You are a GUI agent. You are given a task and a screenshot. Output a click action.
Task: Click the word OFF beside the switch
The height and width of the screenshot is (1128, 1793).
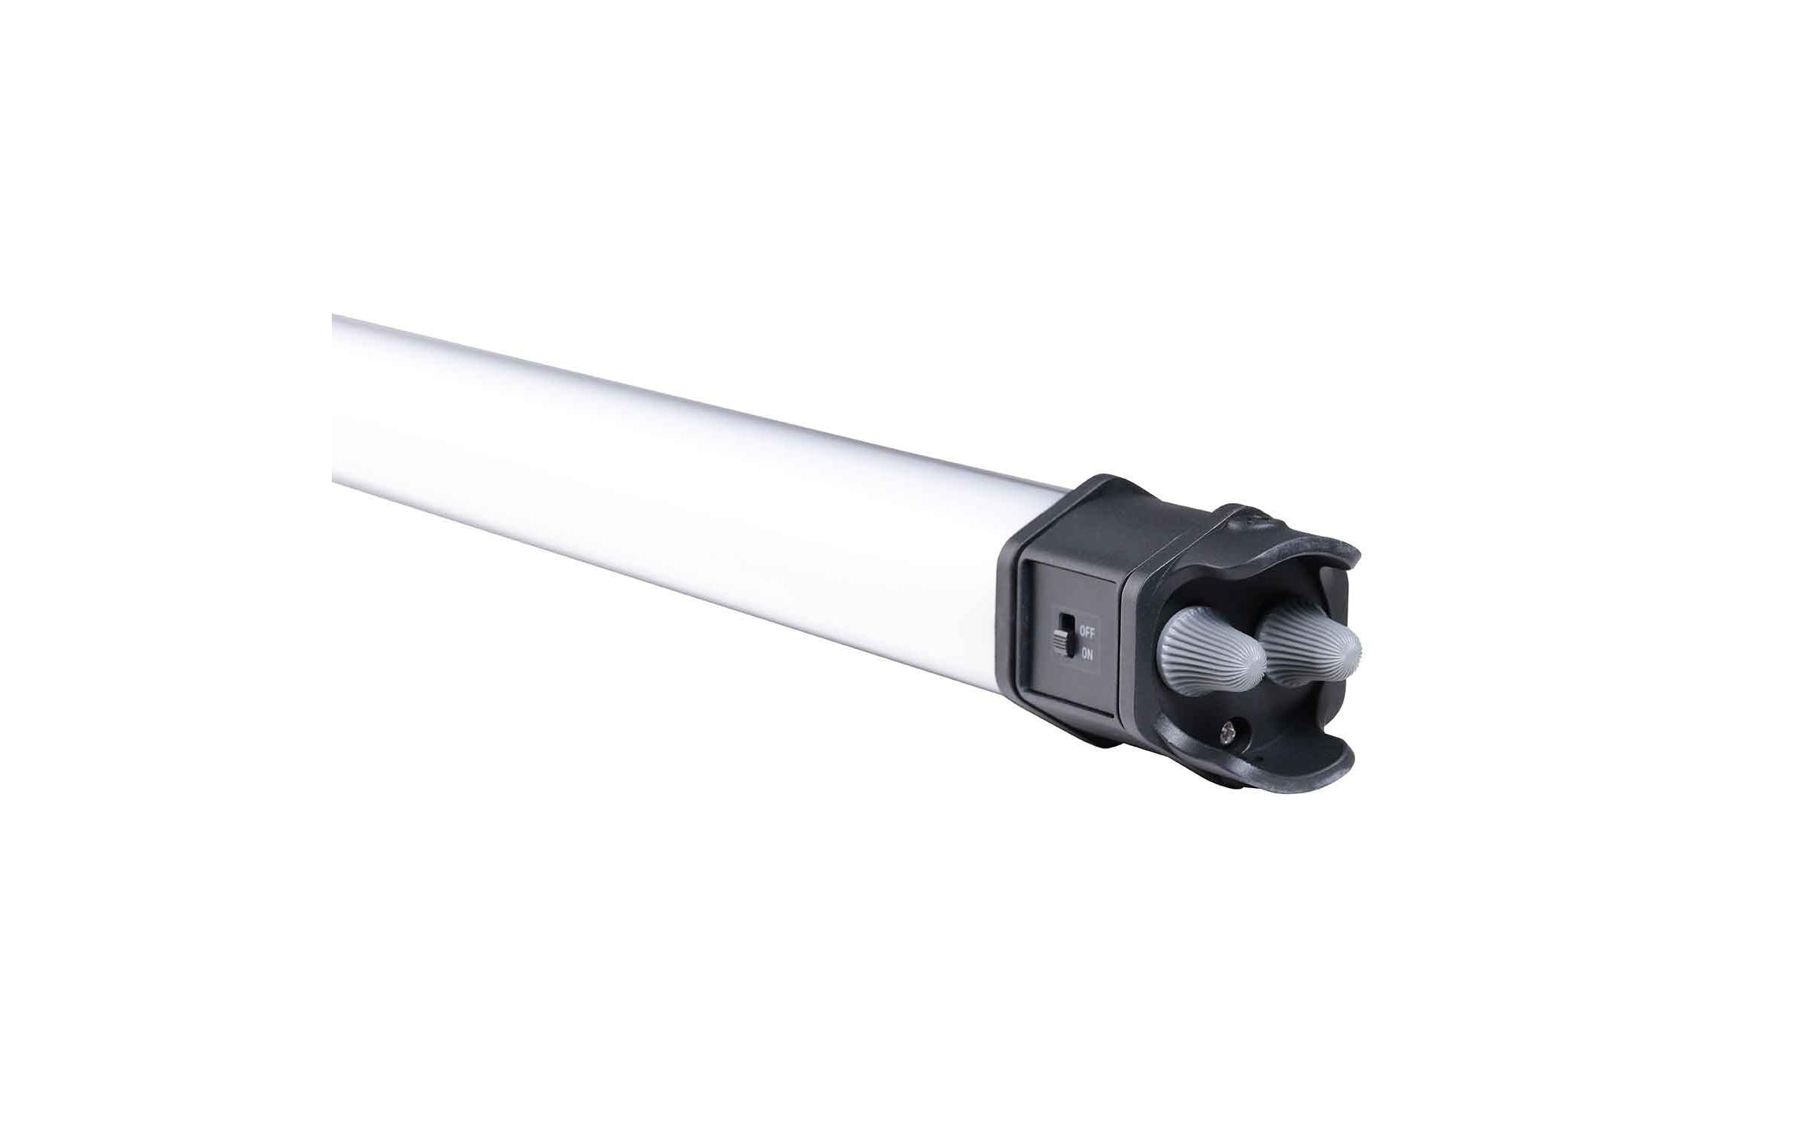[1087, 632]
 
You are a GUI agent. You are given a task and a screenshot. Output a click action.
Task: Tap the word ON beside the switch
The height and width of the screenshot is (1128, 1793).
[1087, 654]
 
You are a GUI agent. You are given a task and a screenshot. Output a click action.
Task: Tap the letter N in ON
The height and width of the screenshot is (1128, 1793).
[1091, 654]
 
